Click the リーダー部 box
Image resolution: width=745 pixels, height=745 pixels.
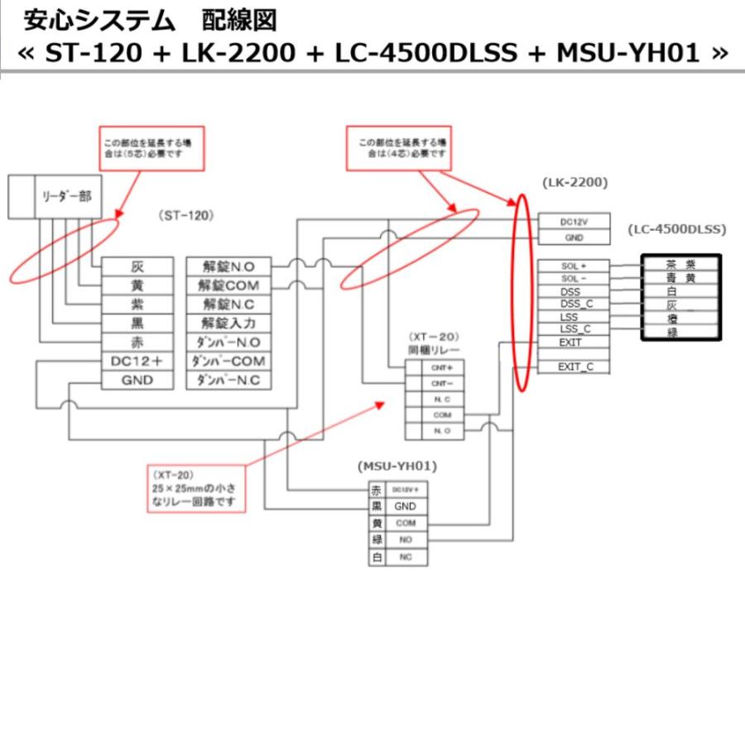(x=67, y=197)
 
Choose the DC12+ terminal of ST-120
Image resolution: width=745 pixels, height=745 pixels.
(x=138, y=362)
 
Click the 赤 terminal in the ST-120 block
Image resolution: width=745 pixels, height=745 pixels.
(x=138, y=343)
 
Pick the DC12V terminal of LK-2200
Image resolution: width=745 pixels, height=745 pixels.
(x=574, y=221)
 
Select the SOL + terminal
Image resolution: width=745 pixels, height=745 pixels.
(x=574, y=266)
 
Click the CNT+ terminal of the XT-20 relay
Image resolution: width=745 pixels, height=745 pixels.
(x=436, y=366)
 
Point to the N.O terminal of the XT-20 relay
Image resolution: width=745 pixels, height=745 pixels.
(x=436, y=430)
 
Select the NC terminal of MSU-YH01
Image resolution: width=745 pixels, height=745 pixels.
(x=405, y=557)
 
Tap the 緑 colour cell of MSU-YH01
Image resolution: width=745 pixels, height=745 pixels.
(x=377, y=540)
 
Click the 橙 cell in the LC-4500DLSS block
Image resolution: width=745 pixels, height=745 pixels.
(x=680, y=318)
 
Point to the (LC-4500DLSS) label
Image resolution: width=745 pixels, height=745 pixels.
(x=676, y=228)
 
